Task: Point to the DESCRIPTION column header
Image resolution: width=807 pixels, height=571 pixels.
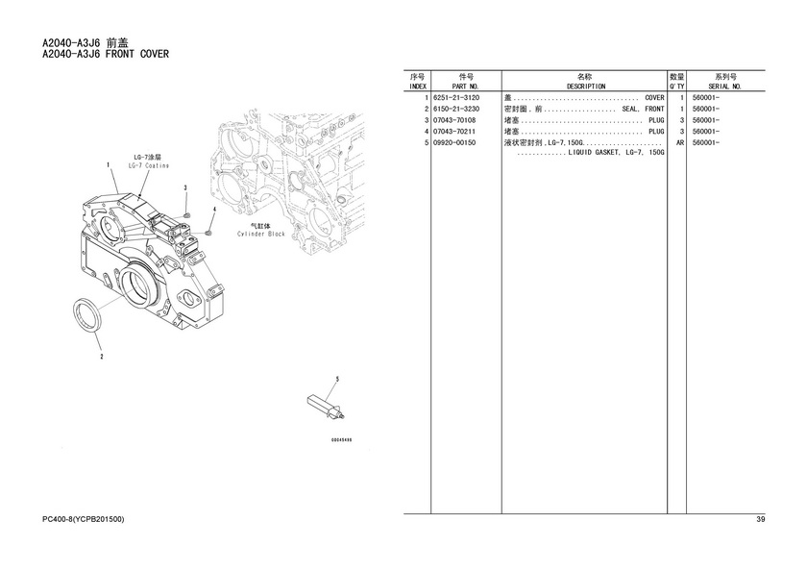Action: point(585,87)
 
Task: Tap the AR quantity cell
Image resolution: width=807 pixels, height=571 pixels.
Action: point(679,142)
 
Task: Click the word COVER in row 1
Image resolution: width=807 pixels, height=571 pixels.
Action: point(653,98)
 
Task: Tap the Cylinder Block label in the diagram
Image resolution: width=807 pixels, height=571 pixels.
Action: point(261,234)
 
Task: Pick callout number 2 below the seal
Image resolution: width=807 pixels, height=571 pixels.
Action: point(102,357)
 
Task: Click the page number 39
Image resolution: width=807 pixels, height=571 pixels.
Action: point(760,520)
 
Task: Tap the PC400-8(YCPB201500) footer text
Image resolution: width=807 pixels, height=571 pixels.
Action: point(84,520)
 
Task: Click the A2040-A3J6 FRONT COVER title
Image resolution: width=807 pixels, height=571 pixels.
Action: point(106,54)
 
